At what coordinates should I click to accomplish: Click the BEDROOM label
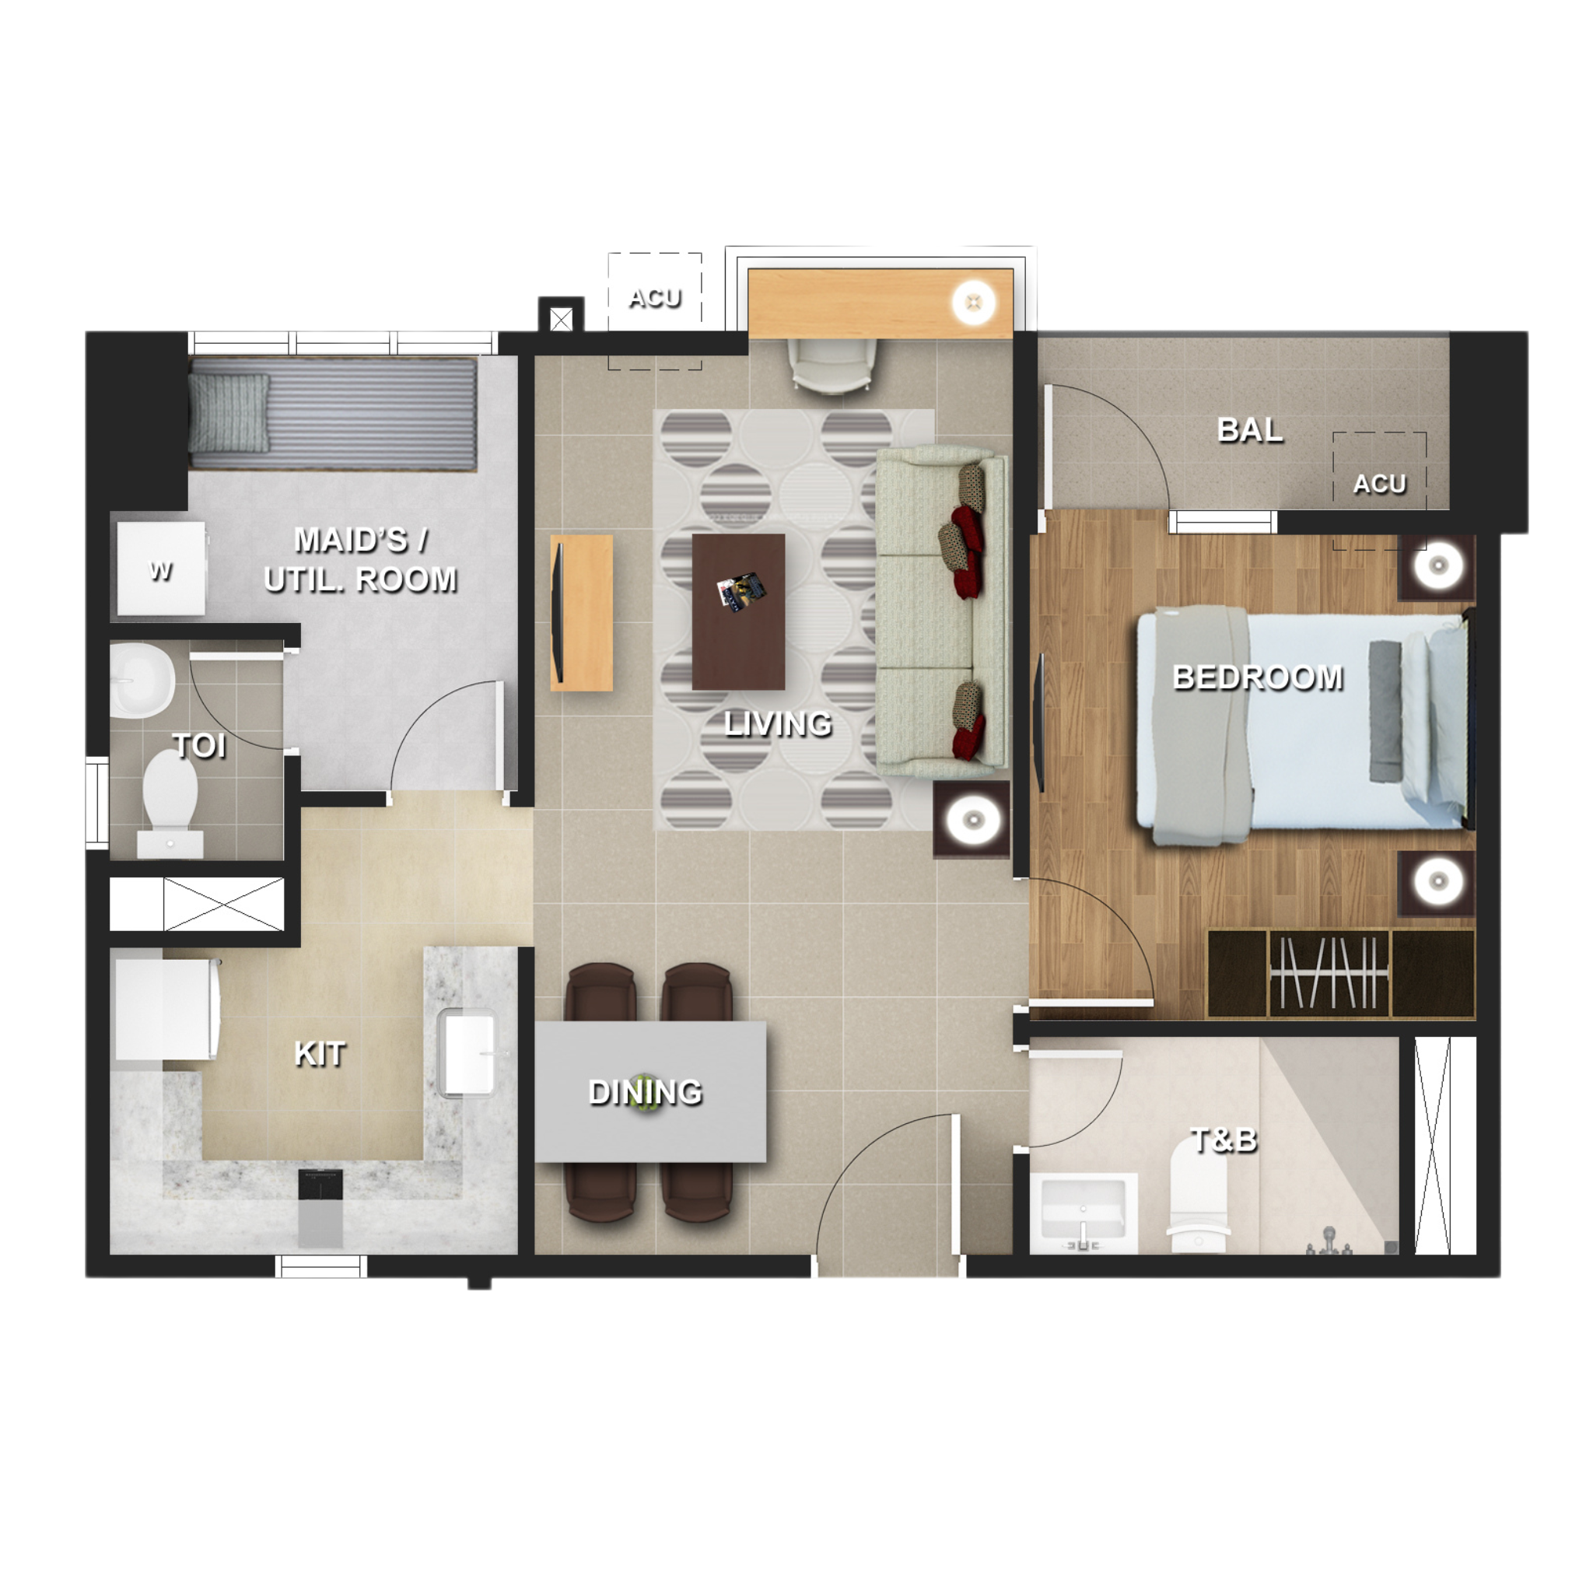coord(1258,677)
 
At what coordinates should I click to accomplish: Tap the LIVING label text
coord(778,724)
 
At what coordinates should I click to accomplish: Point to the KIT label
coord(320,1054)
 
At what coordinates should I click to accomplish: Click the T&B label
coord(1224,1140)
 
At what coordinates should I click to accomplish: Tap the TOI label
coord(200,746)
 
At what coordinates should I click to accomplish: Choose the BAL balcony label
coord(1250,429)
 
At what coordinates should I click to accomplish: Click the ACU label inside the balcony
coord(1378,483)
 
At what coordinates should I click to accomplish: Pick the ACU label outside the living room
coord(655,298)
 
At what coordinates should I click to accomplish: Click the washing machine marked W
coord(162,569)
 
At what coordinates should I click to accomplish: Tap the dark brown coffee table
coord(738,611)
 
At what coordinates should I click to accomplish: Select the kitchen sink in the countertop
coord(467,1053)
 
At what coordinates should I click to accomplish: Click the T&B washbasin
coord(1083,1210)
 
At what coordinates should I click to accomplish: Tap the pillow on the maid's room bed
coord(229,412)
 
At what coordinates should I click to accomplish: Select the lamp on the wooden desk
coord(974,303)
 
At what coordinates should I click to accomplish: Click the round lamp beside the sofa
coord(973,819)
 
